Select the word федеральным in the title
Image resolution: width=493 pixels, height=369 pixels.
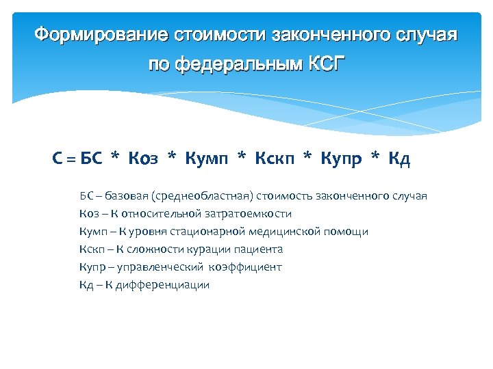click(x=233, y=65)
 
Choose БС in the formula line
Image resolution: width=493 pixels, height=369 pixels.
click(x=91, y=159)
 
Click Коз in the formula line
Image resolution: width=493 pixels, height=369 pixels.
click(x=143, y=159)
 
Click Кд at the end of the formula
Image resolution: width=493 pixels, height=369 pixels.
click(x=399, y=160)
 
